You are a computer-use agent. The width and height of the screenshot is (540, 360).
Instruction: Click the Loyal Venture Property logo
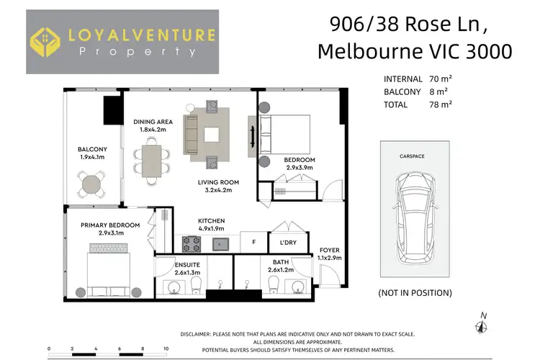122,42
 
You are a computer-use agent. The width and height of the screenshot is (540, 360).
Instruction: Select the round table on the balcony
91,184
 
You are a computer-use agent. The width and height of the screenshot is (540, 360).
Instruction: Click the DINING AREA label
153,122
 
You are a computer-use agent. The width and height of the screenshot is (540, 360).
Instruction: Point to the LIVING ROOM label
218,182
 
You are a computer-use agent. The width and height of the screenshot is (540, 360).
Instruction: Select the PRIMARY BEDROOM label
110,225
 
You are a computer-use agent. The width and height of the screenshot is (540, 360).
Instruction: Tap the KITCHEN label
212,220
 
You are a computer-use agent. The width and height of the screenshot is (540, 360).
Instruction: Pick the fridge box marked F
253,243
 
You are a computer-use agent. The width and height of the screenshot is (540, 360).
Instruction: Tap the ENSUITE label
186,265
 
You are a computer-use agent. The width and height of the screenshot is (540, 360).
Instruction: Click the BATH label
281,262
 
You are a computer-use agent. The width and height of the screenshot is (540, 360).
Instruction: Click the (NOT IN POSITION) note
415,292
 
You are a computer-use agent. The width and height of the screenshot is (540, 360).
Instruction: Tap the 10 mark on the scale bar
166,348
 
